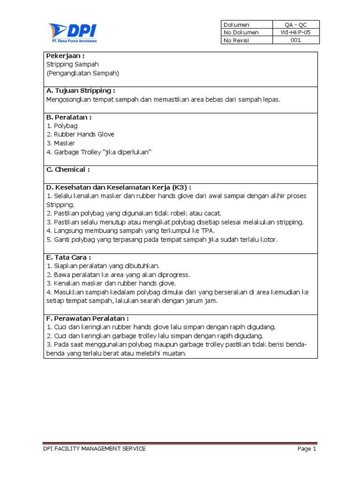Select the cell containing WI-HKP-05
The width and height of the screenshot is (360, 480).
click(296, 32)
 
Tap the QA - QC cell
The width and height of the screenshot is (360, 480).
click(296, 24)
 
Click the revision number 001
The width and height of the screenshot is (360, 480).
click(296, 40)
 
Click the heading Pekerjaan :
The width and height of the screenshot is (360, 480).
click(65, 56)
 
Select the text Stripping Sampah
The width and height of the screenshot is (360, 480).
click(73, 64)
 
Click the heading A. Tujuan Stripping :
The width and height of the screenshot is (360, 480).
click(81, 90)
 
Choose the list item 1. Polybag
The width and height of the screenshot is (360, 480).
click(62, 126)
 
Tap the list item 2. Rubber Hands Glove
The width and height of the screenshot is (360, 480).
click(81, 135)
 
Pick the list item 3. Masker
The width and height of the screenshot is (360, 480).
click(61, 143)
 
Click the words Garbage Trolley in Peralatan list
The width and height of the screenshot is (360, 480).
click(76, 152)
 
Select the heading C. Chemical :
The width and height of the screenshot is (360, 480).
click(68, 169)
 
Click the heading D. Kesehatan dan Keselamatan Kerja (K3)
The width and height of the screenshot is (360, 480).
click(119, 187)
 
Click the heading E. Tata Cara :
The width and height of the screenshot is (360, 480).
click(68, 257)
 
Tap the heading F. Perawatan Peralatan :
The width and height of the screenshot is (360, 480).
click(88, 318)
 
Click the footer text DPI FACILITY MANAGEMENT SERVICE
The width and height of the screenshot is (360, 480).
click(94, 449)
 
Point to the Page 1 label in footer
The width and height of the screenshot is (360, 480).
click(307, 449)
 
